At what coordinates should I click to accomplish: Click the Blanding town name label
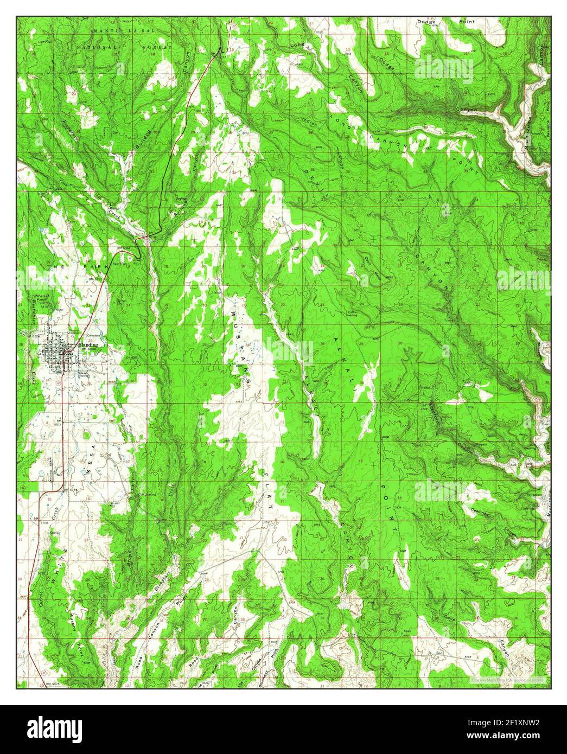tap(88, 344)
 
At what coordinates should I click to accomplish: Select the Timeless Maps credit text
tap(509, 679)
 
